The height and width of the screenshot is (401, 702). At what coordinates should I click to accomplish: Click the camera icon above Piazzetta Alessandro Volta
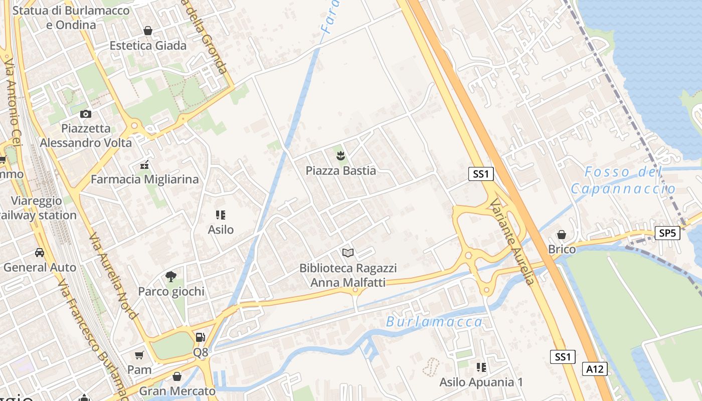coord(86,114)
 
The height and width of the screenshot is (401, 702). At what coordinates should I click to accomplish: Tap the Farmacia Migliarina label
coord(144,179)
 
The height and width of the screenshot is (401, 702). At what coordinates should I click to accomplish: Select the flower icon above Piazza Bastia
coord(341,155)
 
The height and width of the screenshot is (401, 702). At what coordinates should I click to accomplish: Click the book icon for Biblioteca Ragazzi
coord(348,253)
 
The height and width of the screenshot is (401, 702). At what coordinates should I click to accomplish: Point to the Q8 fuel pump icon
coord(200,337)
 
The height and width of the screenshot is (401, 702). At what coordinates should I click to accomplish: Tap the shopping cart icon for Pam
coord(139,355)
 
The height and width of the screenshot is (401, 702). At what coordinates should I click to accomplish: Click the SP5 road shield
coord(667,233)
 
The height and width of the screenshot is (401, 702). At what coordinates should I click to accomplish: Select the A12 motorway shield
coord(595,369)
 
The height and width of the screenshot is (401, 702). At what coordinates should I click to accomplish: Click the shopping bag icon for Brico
coord(562,235)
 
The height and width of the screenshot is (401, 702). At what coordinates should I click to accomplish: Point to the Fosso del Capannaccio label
coord(623,180)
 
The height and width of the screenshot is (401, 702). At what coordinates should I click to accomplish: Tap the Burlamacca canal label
coord(434,322)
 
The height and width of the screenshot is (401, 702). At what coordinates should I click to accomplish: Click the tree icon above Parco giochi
coord(171,276)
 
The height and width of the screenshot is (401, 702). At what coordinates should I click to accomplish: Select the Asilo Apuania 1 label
coord(481,382)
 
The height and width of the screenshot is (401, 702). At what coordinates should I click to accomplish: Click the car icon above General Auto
coord(40,252)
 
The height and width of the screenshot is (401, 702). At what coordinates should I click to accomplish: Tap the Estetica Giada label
coord(148,46)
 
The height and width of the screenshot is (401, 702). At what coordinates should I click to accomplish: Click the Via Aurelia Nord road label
coord(113,276)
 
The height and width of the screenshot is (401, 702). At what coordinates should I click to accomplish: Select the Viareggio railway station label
coord(38,208)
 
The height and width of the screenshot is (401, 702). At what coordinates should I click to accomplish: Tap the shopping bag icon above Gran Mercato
coord(177,376)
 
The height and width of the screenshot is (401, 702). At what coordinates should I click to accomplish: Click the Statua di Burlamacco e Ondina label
coord(71,18)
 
